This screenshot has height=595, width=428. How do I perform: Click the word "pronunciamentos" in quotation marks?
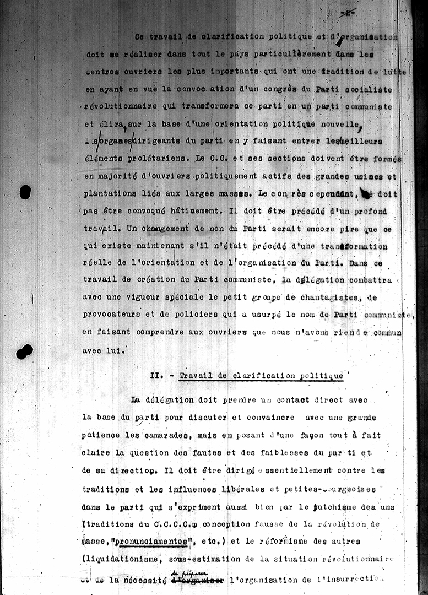[150, 542]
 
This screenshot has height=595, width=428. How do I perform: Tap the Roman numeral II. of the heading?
[156, 376]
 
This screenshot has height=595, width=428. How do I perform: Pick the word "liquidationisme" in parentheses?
[119, 560]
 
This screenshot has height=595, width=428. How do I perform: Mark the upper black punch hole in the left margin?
[25, 192]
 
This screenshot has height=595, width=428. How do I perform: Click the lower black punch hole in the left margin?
[24, 351]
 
